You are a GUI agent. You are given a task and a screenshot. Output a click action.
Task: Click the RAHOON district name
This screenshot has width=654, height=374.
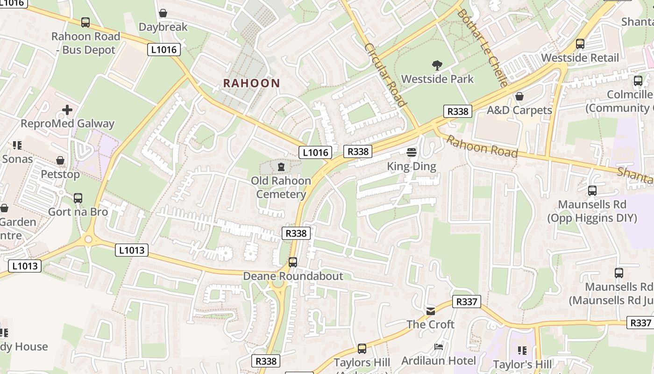click(251, 83)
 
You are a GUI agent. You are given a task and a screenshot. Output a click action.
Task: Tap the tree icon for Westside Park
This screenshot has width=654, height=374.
click(437, 65)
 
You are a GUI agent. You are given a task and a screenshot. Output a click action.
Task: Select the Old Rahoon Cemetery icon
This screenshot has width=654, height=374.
click(281, 166)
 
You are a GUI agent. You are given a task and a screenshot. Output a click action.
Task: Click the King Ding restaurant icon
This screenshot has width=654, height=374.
click(412, 152)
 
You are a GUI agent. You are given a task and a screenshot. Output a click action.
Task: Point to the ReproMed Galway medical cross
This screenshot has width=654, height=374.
click(67, 110)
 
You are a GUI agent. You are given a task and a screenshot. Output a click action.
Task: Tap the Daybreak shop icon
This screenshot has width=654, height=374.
click(163, 13)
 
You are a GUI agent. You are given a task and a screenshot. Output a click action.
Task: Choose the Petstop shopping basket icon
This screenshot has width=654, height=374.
click(60, 160)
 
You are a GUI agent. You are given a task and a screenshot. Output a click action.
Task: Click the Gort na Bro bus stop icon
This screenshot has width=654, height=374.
click(78, 198)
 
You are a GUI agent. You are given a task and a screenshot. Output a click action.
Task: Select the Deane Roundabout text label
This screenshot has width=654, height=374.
click(293, 276)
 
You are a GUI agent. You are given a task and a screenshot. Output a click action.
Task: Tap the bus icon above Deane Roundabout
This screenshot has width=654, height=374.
click(293, 262)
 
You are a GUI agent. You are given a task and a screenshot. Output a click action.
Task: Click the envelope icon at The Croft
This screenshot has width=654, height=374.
click(430, 310)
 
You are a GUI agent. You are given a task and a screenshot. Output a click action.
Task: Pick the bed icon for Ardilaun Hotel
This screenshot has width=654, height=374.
click(439, 346)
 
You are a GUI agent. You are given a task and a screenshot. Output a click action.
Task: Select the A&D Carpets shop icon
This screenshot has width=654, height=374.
click(519, 96)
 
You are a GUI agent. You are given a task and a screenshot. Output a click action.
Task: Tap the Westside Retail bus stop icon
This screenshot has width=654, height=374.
click(580, 44)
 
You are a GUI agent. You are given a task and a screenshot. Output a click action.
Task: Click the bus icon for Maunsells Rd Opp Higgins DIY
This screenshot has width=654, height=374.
click(592, 191)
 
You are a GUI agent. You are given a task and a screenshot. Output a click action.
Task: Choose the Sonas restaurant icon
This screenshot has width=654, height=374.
click(17, 145)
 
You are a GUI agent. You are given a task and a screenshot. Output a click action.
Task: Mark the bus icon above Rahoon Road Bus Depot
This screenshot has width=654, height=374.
click(85, 22)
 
